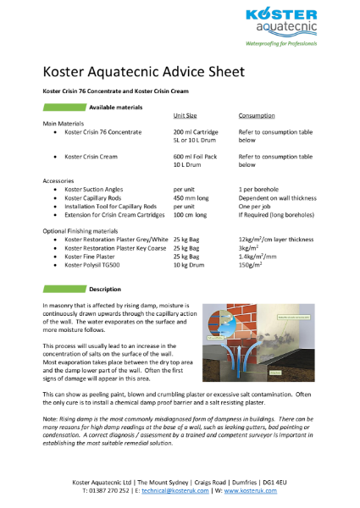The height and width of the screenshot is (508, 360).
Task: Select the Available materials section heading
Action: tap(113, 107)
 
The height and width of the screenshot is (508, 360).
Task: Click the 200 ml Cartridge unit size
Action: tap(196, 132)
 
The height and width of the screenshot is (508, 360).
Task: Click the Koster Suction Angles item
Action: tap(97, 189)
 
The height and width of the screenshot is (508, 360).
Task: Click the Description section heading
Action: tap(106, 289)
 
